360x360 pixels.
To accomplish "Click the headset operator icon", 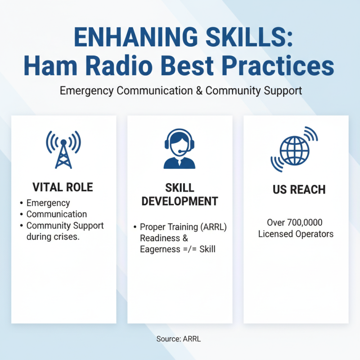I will point(180,149).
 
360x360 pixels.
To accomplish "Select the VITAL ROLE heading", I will point(63,187).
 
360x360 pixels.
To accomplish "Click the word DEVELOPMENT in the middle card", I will point(180,201).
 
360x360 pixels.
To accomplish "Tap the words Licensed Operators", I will point(296,234).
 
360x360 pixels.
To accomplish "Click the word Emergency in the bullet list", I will point(48,203).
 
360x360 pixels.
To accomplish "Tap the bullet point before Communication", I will point(21,214).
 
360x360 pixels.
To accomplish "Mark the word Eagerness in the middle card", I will point(158,248).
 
